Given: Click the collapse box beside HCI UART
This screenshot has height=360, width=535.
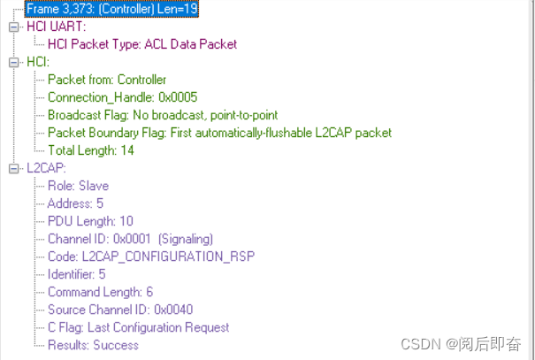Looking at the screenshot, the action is pos(12,27).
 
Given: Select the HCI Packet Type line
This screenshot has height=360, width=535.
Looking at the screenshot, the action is pos(141,44).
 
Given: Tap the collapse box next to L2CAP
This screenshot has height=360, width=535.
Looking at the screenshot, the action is pos(12,168).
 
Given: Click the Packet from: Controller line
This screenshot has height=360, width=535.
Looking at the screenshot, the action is pos(106,80).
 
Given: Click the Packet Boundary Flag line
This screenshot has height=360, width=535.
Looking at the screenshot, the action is pos(219,133).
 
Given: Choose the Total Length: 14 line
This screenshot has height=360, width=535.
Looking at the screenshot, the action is pos(91,150).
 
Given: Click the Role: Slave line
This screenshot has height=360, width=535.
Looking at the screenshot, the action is pos(78,186).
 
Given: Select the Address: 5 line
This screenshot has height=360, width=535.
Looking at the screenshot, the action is pos(75,203).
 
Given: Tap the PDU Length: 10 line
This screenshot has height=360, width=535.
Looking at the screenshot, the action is pos(90,221).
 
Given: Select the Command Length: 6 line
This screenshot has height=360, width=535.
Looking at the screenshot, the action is pos(100,292).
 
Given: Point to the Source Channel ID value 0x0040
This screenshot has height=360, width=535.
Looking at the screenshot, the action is pos(172,310).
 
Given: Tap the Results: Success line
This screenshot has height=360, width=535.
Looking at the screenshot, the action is pos(93,345).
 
